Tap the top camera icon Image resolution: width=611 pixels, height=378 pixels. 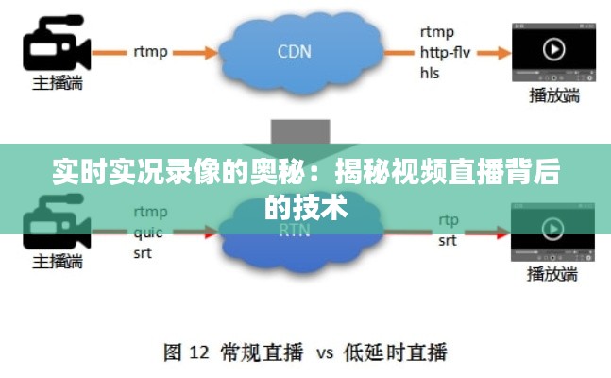coord(56,43)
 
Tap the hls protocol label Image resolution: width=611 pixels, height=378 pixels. coord(430,73)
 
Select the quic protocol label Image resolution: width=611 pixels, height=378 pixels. coord(148,232)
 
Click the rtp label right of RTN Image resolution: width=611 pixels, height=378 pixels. coord(449,220)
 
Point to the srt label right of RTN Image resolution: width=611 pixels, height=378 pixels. coord(448,241)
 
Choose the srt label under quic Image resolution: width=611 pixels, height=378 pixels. coord(144,253)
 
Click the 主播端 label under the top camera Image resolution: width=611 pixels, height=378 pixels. coord(57,83)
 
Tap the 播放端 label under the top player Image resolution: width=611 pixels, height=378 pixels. coord(553,94)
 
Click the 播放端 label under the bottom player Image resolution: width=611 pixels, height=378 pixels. coord(553,275)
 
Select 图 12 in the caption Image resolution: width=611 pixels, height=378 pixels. coord(185,353)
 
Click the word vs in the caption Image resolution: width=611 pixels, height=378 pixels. coord(324,354)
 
